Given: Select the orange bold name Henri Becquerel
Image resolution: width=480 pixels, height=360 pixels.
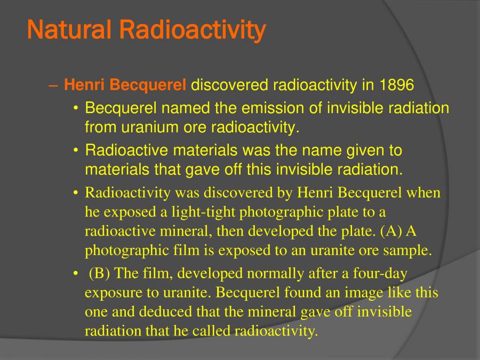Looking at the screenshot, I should (125, 85).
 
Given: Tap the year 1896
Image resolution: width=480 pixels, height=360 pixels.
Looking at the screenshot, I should (397, 85).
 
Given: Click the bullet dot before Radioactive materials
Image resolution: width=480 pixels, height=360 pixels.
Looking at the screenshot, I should (76, 151).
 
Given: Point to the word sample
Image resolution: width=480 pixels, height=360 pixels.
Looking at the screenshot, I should (410, 251).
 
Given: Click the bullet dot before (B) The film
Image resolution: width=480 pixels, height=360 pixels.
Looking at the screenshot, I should (76, 274).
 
